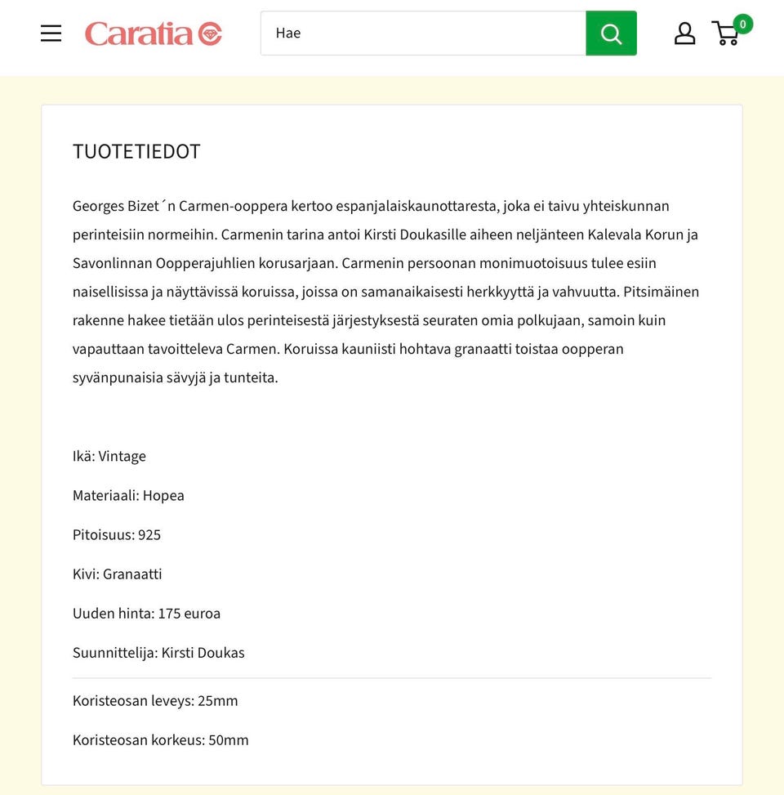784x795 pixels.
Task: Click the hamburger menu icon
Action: tap(51, 33)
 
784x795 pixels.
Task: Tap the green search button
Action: tap(611, 33)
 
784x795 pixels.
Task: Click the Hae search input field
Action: tap(423, 33)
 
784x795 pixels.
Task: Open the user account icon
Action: tap(684, 33)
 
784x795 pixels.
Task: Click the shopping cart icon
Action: tap(725, 34)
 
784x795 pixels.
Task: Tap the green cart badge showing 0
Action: tap(742, 24)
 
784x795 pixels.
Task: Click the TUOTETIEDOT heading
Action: tap(136, 152)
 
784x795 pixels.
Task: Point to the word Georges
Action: tap(98, 207)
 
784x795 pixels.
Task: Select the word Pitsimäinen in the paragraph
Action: tap(661, 293)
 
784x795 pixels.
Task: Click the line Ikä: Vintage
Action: tap(109, 457)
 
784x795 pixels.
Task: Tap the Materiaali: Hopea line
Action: tap(128, 496)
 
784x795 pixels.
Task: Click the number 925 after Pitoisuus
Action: tap(149, 535)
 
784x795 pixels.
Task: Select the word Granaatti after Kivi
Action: tap(132, 574)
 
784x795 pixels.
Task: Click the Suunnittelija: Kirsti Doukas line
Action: tap(158, 653)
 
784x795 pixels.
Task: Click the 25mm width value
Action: tap(217, 701)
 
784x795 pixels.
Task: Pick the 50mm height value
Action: tap(228, 740)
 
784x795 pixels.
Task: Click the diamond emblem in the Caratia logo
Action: tap(210, 33)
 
